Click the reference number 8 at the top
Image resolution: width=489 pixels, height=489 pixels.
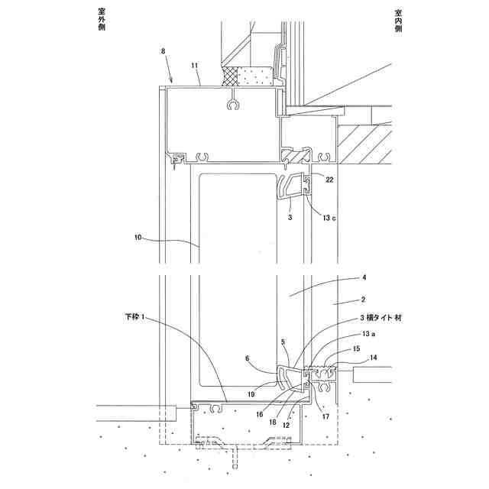[163, 51]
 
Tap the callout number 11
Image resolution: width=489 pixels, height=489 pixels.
[195, 66]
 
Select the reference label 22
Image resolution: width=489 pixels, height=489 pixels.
[329, 180]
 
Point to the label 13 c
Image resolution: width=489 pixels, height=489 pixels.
[329, 218]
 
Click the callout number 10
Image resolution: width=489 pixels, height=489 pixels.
[138, 238]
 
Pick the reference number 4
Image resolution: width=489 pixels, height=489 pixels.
[364, 277]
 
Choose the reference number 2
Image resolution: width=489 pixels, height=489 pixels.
[363, 300]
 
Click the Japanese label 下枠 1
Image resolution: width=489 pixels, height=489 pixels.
[134, 317]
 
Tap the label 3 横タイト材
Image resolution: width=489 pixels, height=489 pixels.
[381, 318]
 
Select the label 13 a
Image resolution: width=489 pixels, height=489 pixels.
[368, 334]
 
